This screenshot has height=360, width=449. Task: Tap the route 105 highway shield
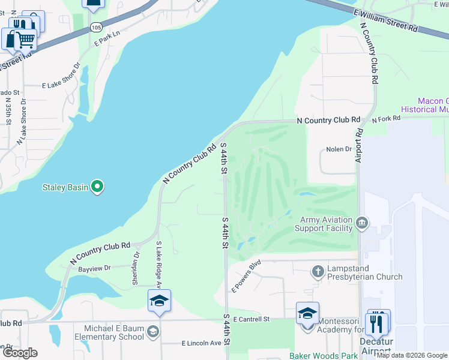click(x=96, y=28)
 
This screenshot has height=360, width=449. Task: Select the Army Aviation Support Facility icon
click(x=362, y=223)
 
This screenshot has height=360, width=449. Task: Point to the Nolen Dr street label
click(x=338, y=149)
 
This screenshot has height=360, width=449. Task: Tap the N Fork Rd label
click(x=386, y=119)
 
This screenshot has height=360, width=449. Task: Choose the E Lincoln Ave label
click(x=202, y=343)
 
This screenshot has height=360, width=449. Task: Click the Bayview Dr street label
click(x=95, y=268)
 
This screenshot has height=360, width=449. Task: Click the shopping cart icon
click(x=25, y=40)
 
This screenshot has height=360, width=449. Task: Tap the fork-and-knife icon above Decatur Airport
click(x=377, y=324)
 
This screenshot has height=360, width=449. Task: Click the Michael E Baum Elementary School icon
click(x=153, y=331)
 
